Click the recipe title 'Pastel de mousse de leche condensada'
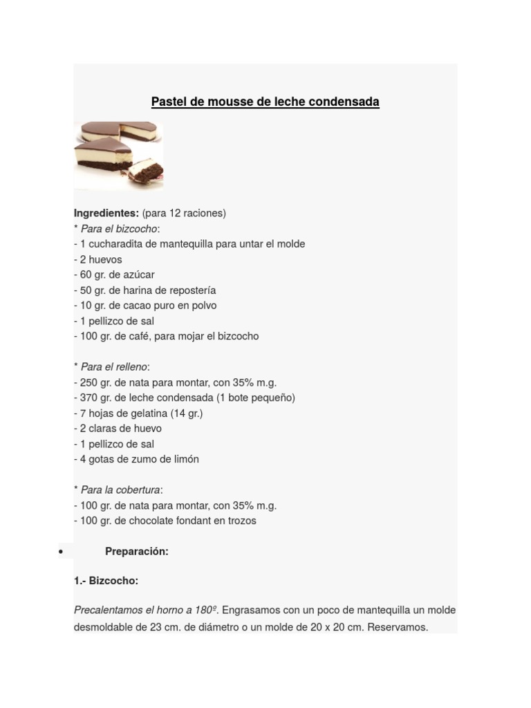(x=265, y=102)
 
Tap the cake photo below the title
(x=118, y=154)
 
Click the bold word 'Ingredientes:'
(x=106, y=213)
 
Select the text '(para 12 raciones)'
(x=184, y=213)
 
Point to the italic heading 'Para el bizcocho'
(x=119, y=229)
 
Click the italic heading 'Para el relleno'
(x=113, y=367)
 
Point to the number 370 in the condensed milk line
(x=89, y=398)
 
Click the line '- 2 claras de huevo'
(x=118, y=429)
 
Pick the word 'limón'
(x=185, y=459)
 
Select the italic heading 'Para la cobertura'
(x=120, y=490)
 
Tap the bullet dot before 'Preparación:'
(x=62, y=552)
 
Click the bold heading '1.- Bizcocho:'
(x=106, y=581)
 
